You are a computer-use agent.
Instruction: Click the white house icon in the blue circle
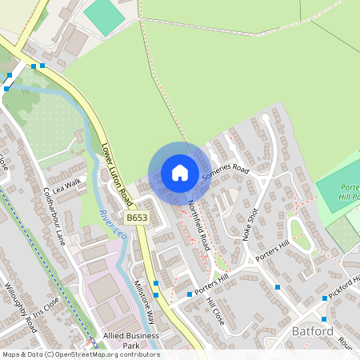tap(180, 173)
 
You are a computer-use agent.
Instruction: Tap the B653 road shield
tap(136, 217)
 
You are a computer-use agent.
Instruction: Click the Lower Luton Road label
tap(116, 171)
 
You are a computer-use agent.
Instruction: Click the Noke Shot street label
tap(252, 225)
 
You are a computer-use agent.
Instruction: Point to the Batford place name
tap(312, 331)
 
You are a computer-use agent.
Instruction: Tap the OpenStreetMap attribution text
tap(80, 354)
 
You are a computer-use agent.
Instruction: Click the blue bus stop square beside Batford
tap(324, 298)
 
